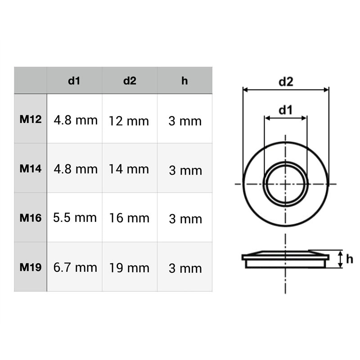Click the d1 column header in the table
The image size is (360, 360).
coord(74,81)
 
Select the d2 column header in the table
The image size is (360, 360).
coord(130,81)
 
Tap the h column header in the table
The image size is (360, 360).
coord(184,81)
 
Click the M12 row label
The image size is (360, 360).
coord(31,120)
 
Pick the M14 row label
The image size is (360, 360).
coord(31,169)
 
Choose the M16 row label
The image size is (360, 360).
coord(31,218)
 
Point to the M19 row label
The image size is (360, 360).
coord(31,267)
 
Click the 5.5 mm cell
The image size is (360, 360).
coord(75,218)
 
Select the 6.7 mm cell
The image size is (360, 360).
coord(75,268)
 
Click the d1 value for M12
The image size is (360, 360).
coord(75,120)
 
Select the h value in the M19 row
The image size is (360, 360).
coord(185,269)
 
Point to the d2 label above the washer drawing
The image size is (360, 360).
coord(286,81)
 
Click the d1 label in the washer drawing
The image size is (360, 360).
coord(285,109)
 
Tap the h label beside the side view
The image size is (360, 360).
coord(350,259)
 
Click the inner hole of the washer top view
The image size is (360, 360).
coord(286,184)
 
